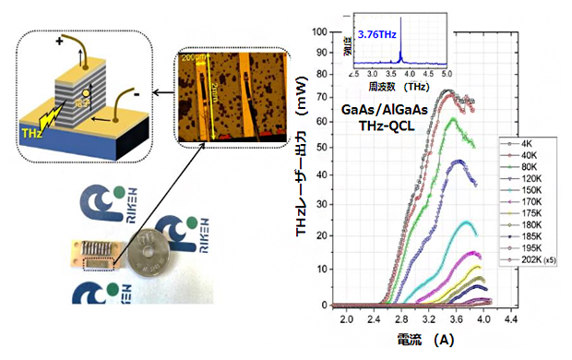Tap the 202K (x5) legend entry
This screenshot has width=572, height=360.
pos(534,262)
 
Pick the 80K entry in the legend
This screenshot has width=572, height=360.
pos(527,167)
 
